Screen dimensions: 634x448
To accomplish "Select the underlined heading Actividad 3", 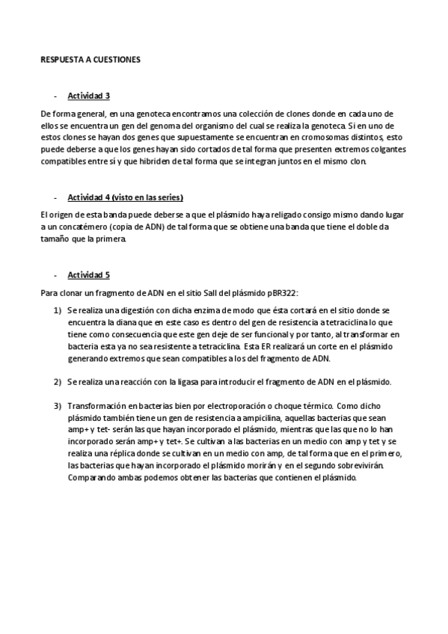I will (x=89, y=96).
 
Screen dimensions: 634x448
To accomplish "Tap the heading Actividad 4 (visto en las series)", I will (x=126, y=197).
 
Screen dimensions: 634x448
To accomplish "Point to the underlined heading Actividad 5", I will (x=89, y=274).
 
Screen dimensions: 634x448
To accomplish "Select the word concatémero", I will (x=75, y=227).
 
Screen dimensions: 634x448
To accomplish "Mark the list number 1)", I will (x=58, y=309).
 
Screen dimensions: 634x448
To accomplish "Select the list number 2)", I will (x=58, y=382).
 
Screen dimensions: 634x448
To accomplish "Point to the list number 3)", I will (x=58, y=406).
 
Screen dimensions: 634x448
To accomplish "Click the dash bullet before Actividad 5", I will (x=55, y=274).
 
